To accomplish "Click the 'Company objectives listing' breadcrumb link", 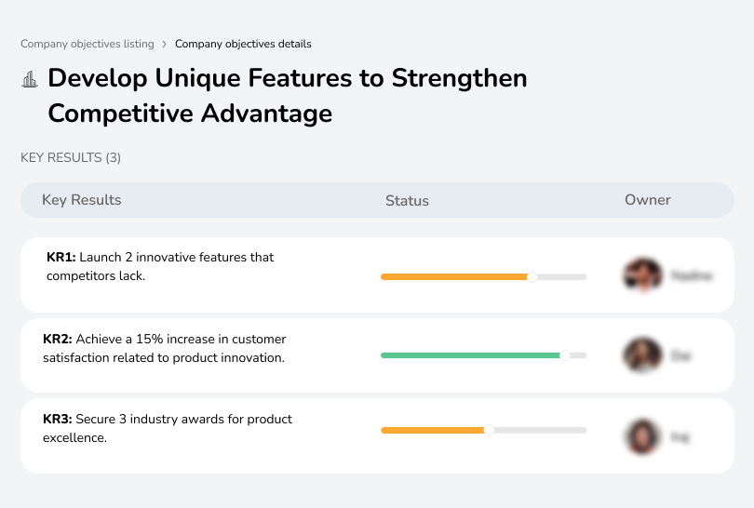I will point(88,44).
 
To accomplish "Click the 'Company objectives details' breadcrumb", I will point(243,44).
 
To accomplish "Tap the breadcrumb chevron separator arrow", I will point(165,44).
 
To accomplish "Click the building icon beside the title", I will point(30,80).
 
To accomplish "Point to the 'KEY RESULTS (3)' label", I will point(71,158).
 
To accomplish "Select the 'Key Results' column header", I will point(82,200).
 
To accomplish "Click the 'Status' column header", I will point(407,200).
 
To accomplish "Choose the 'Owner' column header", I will point(648,200).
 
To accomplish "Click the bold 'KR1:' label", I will point(61,258).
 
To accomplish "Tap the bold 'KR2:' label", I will point(58,339).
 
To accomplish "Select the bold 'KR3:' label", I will point(58,420).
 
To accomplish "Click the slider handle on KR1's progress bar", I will point(532,276).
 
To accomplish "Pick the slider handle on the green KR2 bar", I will point(564,355).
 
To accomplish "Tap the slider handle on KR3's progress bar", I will point(489,430).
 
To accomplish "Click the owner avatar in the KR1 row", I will point(641,275).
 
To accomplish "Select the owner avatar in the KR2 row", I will point(641,355).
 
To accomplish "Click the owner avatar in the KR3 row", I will point(641,435).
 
